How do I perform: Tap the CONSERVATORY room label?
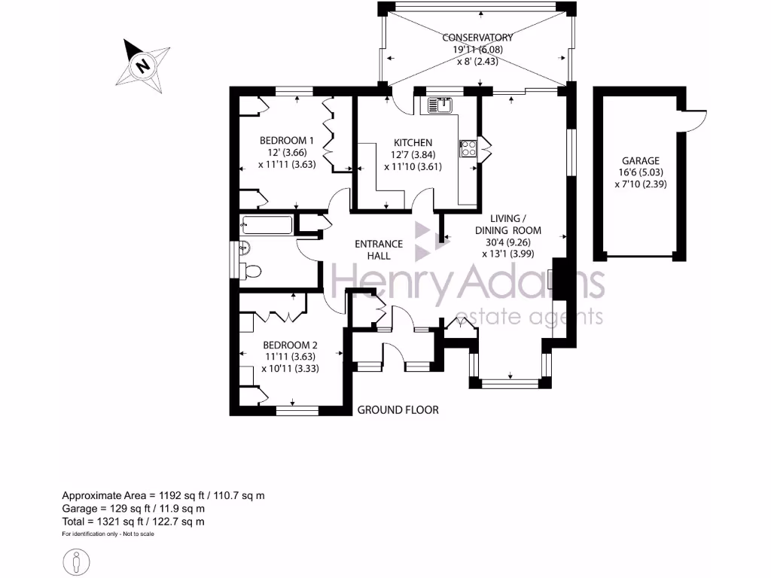point(477,38)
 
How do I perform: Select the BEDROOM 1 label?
point(286,140)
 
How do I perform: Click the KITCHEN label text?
point(413,143)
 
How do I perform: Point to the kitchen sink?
point(439,105)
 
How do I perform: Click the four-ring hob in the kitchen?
point(468,148)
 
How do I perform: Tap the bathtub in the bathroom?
point(266,226)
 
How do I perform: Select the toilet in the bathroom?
point(252,271)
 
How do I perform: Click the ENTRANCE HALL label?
point(379,250)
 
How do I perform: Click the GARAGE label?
point(640,160)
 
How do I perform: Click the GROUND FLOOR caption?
point(398,410)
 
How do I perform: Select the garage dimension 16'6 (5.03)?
point(640,172)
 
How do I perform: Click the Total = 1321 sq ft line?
point(133,521)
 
